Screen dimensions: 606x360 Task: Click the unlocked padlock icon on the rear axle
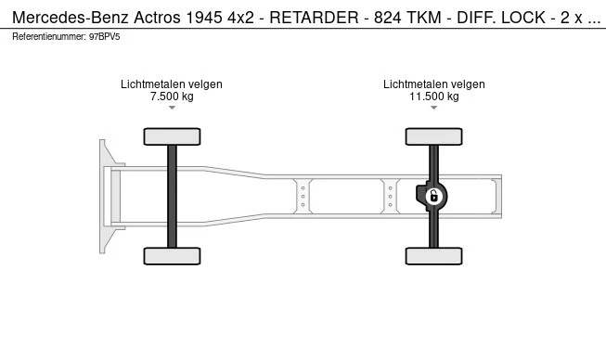434,197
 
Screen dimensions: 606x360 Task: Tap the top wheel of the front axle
172,136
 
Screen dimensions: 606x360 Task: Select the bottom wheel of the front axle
172,256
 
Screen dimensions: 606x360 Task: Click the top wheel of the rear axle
433,136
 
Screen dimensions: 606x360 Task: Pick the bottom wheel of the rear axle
433,256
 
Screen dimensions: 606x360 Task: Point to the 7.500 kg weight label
172,96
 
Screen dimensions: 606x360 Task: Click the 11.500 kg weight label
434,96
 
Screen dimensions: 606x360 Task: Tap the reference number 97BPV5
104,37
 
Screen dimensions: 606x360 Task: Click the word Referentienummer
49,37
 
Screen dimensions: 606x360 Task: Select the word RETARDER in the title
314,18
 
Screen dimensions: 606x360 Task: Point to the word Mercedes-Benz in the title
71,18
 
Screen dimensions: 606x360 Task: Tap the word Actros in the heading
157,18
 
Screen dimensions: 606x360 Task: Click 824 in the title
388,18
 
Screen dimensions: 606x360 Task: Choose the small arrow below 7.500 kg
172,108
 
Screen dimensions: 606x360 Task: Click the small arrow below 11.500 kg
434,108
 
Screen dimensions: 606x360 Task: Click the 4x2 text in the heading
240,18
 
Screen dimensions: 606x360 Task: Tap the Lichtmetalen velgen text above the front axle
172,84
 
